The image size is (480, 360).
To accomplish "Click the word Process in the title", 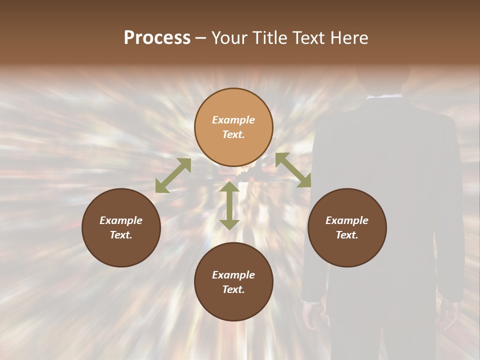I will pyautogui.click(x=157, y=38).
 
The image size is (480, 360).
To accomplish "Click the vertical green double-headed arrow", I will pyautogui.click(x=229, y=205).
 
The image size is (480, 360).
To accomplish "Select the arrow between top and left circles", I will pyautogui.click(x=173, y=175).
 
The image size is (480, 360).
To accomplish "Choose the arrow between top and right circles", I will pyautogui.click(x=293, y=170).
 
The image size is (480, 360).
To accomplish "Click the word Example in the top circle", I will pyautogui.click(x=233, y=120).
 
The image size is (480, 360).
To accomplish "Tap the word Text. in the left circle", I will pyautogui.click(x=121, y=235).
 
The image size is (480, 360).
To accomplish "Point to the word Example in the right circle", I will pyautogui.click(x=347, y=220).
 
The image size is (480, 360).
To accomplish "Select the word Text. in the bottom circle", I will pyautogui.click(x=233, y=289).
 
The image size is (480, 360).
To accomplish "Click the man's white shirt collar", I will pyautogui.click(x=385, y=96).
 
